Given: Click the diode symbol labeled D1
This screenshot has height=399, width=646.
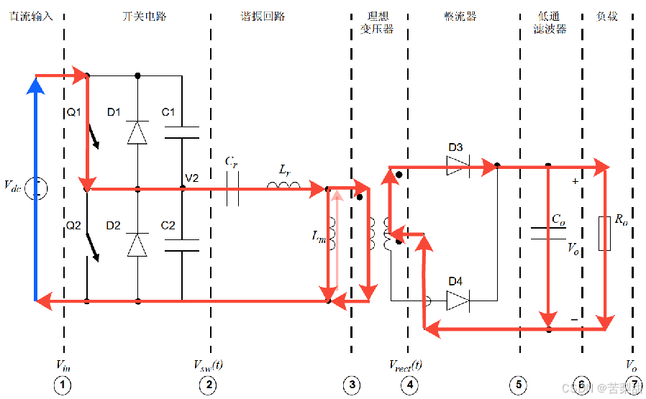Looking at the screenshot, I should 137,132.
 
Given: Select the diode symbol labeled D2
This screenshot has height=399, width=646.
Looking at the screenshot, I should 137,245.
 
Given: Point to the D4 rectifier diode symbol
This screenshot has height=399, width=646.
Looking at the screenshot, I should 457,300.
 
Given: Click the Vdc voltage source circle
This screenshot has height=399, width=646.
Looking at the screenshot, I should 36,189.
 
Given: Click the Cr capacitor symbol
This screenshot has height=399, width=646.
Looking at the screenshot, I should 232,190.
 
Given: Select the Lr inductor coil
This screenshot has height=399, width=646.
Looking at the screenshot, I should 283,187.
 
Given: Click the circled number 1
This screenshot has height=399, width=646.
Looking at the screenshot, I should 63,385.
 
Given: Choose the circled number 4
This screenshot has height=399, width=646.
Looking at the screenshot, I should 409,385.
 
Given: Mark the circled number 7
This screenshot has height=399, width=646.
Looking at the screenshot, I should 632,385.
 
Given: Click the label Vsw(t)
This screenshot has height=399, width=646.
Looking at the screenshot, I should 209,364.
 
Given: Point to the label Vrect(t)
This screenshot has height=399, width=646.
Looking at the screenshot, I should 406,364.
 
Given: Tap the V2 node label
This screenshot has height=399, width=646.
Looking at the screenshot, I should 192,178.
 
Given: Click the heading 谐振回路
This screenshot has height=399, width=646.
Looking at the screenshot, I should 263,16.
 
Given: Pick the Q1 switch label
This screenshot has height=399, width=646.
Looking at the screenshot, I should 74,112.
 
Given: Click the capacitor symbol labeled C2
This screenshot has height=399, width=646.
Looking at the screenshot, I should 181,245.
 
